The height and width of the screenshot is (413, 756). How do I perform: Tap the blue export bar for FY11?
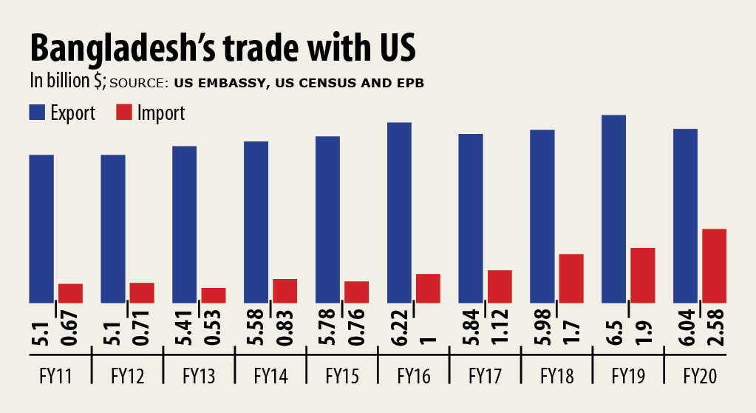(41, 229)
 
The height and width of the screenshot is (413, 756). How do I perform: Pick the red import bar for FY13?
(214, 295)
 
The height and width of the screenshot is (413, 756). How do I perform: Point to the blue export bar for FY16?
(399, 212)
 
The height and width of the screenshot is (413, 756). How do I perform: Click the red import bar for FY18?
(571, 278)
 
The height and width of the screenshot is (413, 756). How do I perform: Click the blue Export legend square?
(38, 113)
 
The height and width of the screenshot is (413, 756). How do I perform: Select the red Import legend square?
(124, 113)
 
